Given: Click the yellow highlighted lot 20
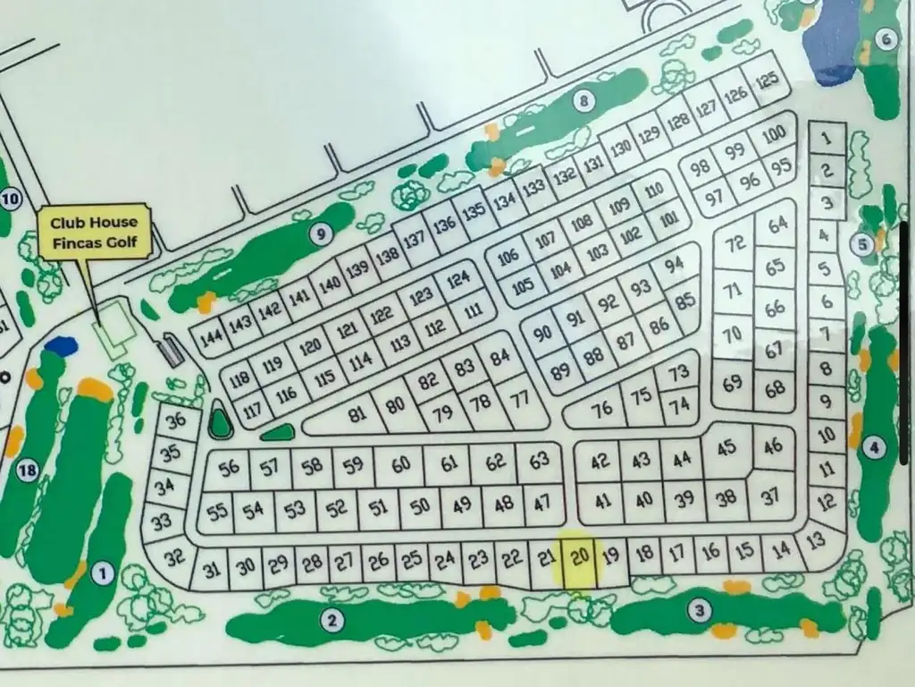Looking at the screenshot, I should click(580, 559).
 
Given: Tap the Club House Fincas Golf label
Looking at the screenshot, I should click(94, 233).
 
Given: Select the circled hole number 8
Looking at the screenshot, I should click(584, 101).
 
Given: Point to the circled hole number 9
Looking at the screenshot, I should click(320, 234).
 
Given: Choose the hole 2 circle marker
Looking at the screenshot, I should click(332, 619).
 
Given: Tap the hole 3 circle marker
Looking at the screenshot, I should click(700, 611).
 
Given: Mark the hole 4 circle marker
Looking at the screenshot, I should click(874, 447).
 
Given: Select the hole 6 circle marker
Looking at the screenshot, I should click(886, 38).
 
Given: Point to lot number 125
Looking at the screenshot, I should click(767, 81).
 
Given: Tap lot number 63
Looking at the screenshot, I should click(539, 462).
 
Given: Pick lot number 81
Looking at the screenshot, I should click(357, 415).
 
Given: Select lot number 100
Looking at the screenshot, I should click(774, 135).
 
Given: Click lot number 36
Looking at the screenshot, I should click(176, 420).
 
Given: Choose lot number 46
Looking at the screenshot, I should click(774, 445).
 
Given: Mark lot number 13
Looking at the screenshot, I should click(815, 540).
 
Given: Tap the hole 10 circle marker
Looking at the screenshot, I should click(10, 199).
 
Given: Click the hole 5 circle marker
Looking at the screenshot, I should click(862, 243).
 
